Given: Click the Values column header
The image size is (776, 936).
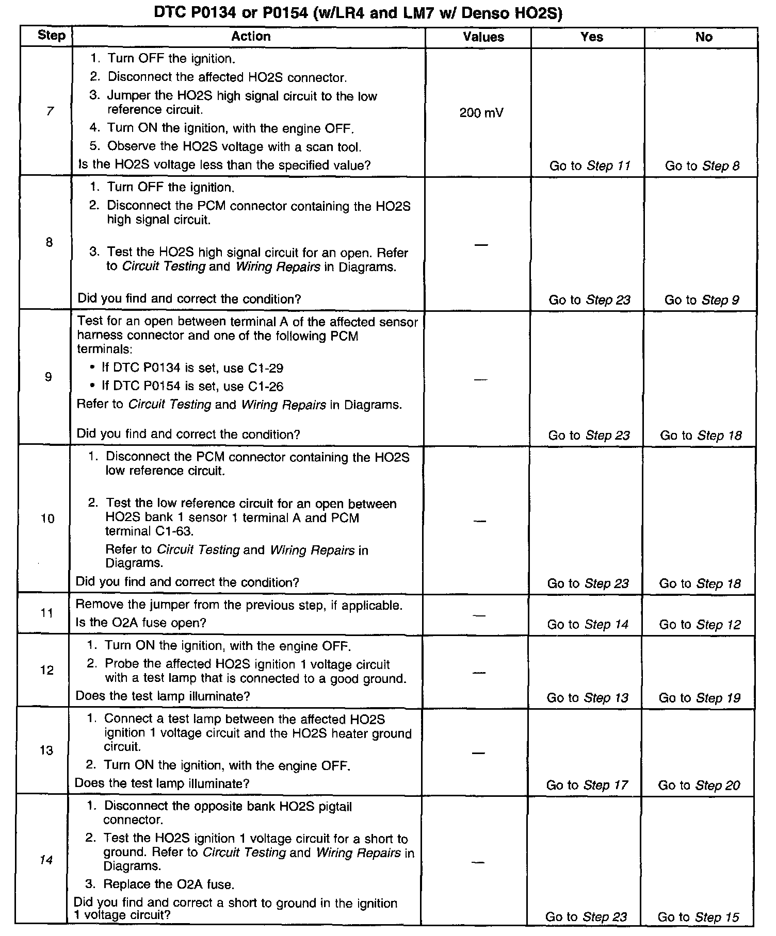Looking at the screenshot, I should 483,37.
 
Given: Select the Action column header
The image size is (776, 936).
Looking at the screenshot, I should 251,37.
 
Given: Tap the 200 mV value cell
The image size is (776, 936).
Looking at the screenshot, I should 481,113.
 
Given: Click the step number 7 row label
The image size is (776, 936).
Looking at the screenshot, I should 50,111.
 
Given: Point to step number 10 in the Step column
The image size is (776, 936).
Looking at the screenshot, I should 47,519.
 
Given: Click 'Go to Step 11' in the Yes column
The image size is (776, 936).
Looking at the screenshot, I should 590,166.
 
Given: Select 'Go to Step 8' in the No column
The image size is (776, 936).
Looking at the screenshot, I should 702,166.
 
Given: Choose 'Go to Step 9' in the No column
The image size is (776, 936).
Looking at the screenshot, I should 702,300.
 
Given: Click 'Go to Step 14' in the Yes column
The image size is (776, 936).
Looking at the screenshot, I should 588,625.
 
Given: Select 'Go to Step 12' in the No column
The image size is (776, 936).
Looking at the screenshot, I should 700,625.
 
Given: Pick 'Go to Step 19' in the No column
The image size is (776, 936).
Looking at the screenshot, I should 700,698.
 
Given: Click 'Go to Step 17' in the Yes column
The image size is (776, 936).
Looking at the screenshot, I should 587,785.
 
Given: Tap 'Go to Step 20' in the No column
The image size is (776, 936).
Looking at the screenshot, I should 699,785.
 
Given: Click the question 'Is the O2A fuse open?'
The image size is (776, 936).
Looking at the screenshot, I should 141,623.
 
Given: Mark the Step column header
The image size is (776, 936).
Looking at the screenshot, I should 52,36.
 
